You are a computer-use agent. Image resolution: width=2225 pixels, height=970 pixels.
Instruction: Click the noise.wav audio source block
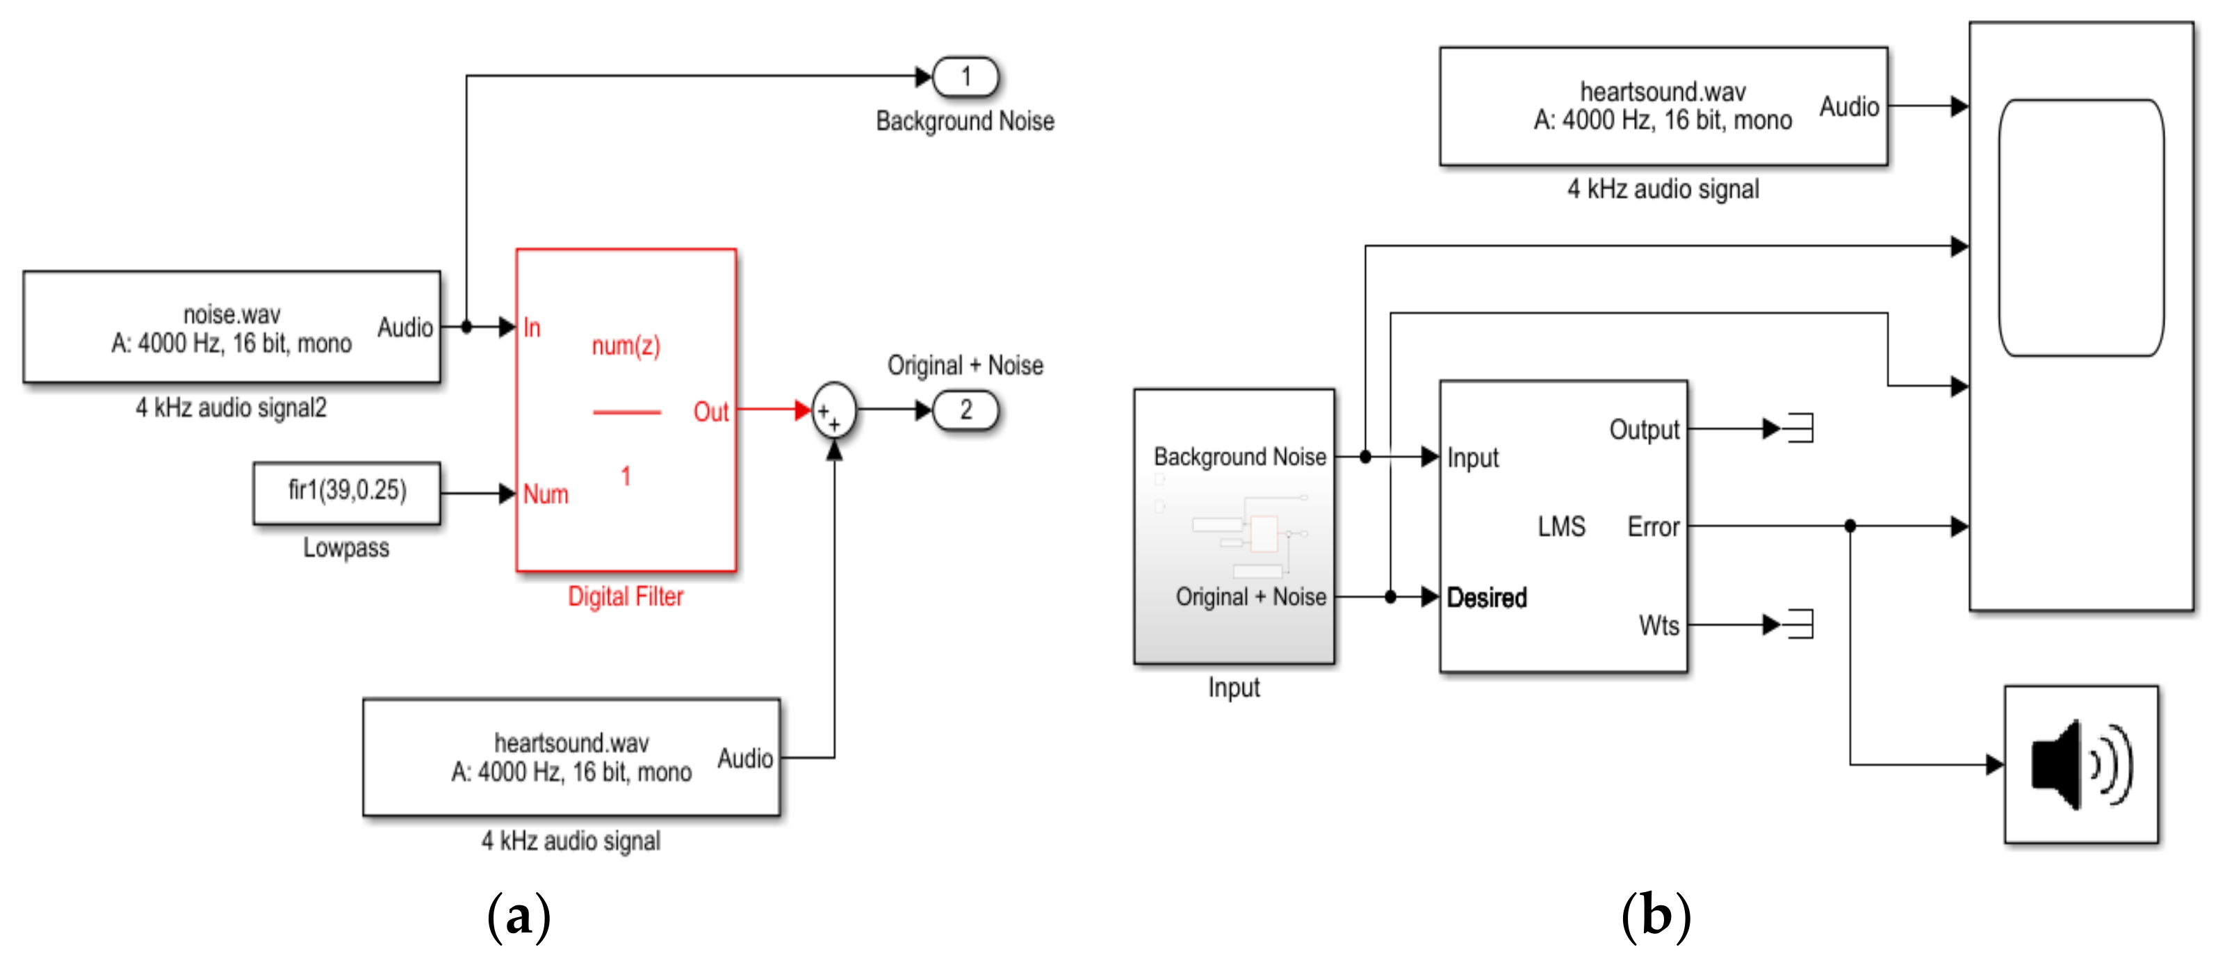231,327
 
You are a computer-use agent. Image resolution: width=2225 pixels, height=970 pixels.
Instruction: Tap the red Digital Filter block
626,410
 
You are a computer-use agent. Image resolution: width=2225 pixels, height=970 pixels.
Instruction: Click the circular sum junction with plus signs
833,411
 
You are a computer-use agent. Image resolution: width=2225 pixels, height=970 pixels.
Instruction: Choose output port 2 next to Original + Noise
965,410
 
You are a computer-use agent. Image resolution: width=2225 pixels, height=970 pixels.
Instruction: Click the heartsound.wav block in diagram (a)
572,757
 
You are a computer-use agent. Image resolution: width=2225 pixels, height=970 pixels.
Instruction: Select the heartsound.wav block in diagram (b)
1663,106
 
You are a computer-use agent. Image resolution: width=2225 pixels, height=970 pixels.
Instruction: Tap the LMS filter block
1563,526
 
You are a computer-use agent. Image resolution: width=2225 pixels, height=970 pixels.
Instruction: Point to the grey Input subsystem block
1234,526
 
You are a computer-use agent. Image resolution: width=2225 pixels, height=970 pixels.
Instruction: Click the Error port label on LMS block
1653,526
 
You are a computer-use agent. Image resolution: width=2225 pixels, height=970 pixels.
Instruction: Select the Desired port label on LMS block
1487,597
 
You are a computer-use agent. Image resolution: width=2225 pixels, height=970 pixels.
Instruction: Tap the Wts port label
1659,624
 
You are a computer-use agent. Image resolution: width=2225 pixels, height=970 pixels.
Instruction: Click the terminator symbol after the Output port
1800,428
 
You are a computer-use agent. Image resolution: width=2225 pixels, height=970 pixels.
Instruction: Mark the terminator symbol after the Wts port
1800,624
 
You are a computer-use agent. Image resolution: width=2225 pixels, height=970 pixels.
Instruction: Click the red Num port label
546,494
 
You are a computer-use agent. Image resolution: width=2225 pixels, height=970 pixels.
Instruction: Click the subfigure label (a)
519,916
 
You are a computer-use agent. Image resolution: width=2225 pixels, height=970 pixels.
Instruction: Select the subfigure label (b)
1656,916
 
